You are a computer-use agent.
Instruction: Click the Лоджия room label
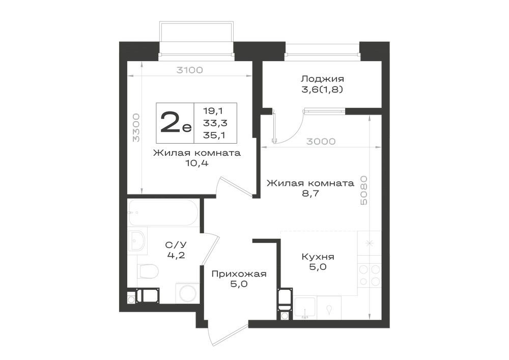point(322,79)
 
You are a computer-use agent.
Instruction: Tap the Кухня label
point(318,257)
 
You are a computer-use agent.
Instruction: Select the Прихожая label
point(239,274)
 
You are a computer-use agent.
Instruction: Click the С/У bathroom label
point(176,244)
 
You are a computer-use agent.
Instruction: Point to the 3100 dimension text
point(189,70)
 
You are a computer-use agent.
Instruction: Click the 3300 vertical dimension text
point(136,127)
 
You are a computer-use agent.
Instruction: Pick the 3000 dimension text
point(321,142)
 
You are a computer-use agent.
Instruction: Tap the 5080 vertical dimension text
point(364,190)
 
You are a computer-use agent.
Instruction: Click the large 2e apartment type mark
point(175,122)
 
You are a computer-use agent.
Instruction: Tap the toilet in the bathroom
point(148,271)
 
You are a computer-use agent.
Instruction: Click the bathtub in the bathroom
point(163,213)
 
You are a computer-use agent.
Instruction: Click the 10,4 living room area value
point(196,163)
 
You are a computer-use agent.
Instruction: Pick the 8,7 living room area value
point(310,194)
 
